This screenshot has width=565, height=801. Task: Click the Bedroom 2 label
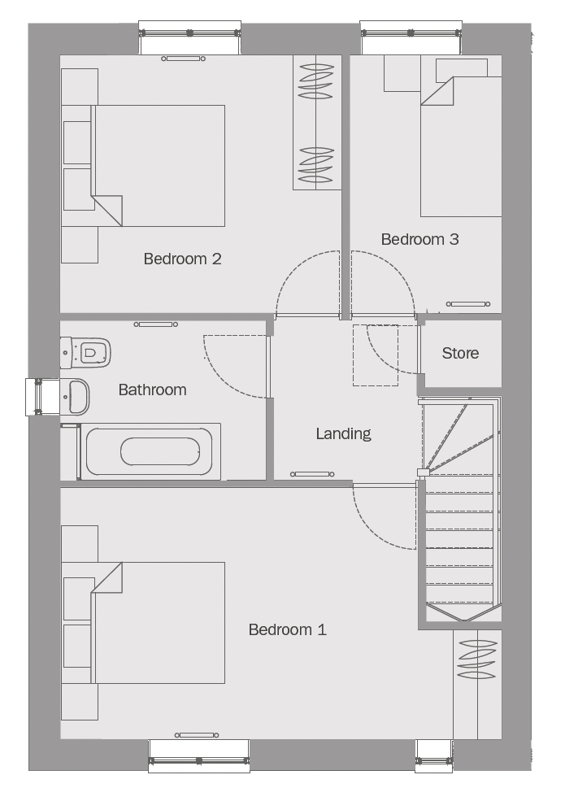(x=182, y=259)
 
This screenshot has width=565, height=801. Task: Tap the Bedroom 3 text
(x=420, y=239)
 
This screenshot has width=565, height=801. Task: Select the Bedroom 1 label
(x=287, y=629)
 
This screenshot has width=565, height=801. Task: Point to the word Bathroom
(x=152, y=390)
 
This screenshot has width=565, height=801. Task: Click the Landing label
(x=343, y=433)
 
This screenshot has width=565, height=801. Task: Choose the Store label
(x=460, y=353)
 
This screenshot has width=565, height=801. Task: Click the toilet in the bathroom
(x=85, y=352)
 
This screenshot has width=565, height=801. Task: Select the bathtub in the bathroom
(x=149, y=451)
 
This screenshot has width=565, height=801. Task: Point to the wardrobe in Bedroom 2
(x=317, y=123)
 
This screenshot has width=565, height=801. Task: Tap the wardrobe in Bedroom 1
(x=477, y=685)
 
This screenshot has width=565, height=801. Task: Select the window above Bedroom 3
(x=411, y=37)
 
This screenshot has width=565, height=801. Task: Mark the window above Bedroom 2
(x=190, y=37)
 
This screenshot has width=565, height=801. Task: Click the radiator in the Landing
(x=312, y=474)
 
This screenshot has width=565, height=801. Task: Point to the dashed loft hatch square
(x=376, y=355)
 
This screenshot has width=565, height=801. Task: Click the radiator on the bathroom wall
(x=156, y=324)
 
